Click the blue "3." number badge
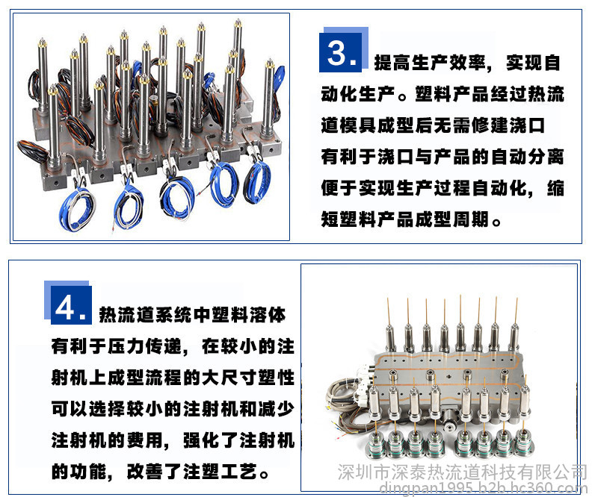(341, 52)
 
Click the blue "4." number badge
(71, 305)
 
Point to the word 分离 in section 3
(546, 157)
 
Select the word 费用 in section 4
(144, 440)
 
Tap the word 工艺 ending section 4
(239, 472)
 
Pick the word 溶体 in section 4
(268, 315)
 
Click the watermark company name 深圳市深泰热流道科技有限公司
(463, 472)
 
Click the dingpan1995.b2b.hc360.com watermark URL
(484, 487)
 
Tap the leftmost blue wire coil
(77, 208)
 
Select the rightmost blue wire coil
(256, 183)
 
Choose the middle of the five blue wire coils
(177, 197)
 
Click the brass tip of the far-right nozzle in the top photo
(270, 63)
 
